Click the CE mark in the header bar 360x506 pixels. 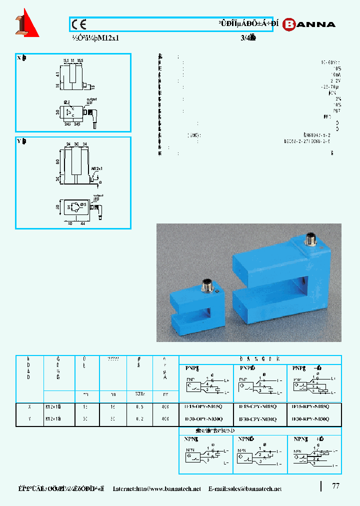tap(78, 24)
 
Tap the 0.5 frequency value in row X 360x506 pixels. tap(140, 407)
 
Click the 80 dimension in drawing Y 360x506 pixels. tap(58, 161)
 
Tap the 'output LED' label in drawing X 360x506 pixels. tap(91, 101)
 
